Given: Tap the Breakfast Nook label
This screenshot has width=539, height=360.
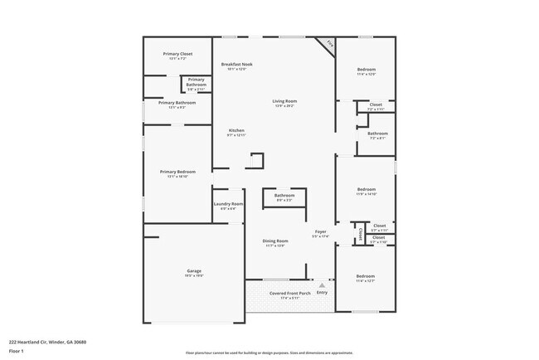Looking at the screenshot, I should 237,65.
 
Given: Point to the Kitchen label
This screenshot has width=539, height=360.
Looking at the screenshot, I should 237,131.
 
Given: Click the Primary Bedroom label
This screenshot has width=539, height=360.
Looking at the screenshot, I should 177,173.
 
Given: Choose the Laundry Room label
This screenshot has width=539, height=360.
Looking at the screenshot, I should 228,204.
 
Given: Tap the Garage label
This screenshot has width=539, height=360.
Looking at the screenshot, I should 193,271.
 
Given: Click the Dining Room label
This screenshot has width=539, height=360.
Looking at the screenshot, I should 275,241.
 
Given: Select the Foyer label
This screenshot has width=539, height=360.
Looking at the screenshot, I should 320,231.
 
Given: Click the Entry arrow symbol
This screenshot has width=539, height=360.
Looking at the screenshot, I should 322,284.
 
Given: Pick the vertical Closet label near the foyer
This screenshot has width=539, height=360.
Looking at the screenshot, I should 361,235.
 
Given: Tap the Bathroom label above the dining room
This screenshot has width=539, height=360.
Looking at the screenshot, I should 284,196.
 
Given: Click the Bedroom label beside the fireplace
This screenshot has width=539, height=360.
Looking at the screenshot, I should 367,70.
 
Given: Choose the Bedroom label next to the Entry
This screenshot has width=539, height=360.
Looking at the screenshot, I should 366,276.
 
